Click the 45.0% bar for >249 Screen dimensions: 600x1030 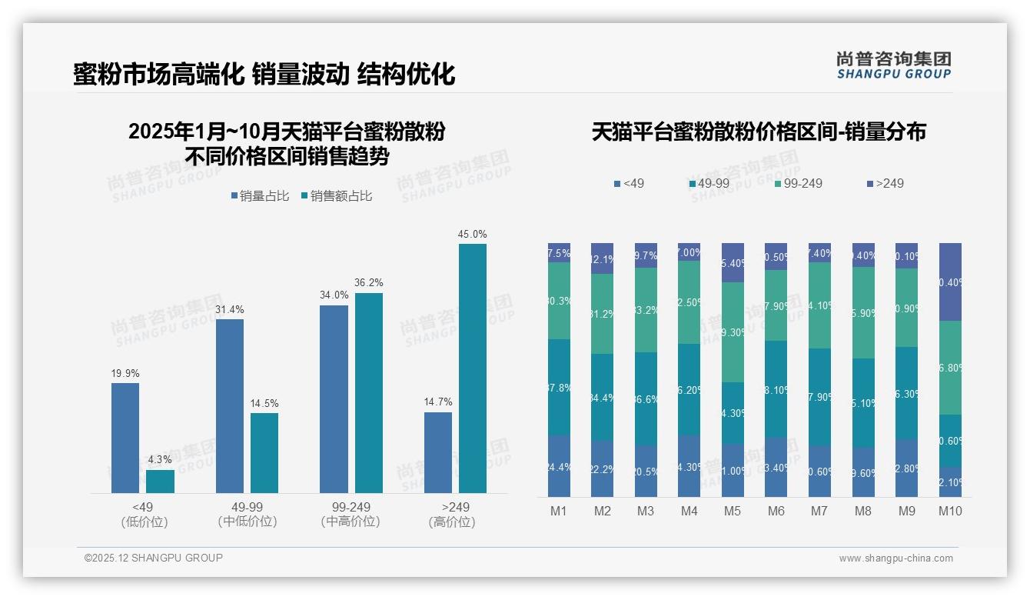click(472, 368)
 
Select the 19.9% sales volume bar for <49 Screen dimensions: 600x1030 click(125, 438)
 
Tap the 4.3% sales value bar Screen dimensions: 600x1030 click(160, 482)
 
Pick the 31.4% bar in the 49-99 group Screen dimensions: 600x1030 click(230, 405)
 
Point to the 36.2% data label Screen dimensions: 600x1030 click(368, 282)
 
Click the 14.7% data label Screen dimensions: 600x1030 click(438, 402)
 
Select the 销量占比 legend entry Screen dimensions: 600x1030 click(260, 196)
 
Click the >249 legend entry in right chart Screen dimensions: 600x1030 click(885, 184)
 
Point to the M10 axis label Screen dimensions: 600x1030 click(950, 511)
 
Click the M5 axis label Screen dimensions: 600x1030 click(733, 511)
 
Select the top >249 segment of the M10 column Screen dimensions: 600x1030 click(950, 282)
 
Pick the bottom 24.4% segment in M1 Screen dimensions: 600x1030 click(559, 466)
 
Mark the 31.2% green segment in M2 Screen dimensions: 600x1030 click(602, 314)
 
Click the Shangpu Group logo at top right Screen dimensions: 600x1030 click(893, 65)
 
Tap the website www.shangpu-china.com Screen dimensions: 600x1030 click(895, 558)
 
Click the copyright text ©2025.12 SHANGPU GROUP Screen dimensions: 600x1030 click(154, 558)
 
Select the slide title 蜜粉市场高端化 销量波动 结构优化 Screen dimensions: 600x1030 click(264, 74)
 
